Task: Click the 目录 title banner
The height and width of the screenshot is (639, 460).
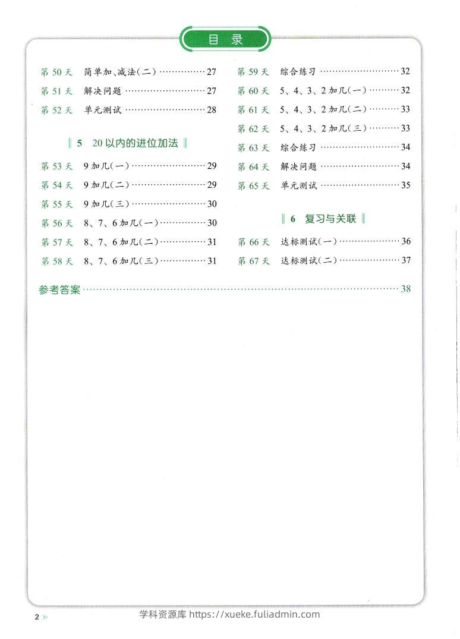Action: pyautogui.click(x=226, y=40)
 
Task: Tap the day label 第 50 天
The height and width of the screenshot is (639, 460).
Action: pyautogui.click(x=56, y=72)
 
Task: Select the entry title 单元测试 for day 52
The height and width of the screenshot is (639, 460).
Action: pyautogui.click(x=102, y=109)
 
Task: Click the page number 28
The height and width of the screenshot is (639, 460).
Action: pyautogui.click(x=212, y=109)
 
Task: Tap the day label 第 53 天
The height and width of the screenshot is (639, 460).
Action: pyautogui.click(x=56, y=166)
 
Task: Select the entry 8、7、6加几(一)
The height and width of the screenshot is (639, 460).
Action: pyautogui.click(x=121, y=223)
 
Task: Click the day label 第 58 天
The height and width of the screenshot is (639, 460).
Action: pyautogui.click(x=56, y=261)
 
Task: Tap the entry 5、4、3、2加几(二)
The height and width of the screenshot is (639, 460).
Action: pyautogui.click(x=323, y=109)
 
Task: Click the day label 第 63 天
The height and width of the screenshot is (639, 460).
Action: pyautogui.click(x=253, y=147)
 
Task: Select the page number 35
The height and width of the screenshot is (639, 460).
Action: pyautogui.click(x=406, y=185)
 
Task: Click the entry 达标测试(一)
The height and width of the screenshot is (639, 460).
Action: pyautogui.click(x=309, y=241)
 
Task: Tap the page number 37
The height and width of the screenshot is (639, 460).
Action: pyautogui.click(x=406, y=260)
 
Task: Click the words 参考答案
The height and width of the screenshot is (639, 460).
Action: pyautogui.click(x=59, y=290)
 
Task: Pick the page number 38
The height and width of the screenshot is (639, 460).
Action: pyautogui.click(x=406, y=289)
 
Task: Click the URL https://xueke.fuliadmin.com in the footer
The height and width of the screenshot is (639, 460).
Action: pyautogui.click(x=254, y=615)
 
